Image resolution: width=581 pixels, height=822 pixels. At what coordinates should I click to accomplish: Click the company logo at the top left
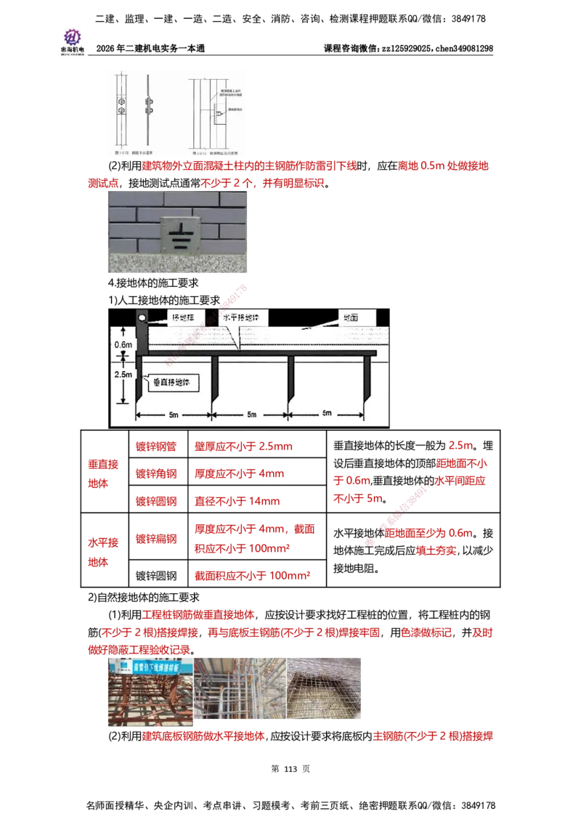point(72,40)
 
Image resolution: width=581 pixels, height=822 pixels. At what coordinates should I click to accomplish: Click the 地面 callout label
point(357,318)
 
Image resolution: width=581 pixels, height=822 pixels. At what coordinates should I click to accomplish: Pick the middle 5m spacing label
point(251,415)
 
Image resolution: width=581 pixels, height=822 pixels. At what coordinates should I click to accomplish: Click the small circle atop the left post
point(142,317)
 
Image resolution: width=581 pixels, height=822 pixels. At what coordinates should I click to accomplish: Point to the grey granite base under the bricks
point(177,261)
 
